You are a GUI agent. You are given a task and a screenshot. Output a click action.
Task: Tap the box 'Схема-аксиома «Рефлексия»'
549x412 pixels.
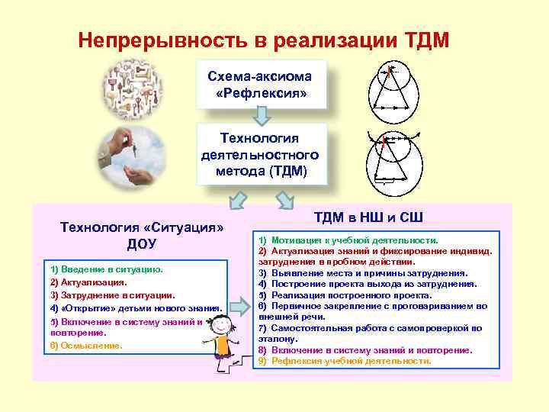(261, 85)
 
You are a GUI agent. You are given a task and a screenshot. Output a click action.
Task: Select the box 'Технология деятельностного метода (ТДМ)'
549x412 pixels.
(261, 154)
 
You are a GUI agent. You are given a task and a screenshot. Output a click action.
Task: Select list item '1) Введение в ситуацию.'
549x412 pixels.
(106, 269)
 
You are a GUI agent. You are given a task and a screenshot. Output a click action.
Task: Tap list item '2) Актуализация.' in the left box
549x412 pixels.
(88, 282)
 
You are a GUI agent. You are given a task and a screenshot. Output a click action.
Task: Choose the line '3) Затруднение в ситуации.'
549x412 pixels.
(112, 295)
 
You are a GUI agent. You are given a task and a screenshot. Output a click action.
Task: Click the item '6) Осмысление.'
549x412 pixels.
(85, 346)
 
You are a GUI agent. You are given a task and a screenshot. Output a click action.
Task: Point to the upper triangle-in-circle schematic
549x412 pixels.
(391, 89)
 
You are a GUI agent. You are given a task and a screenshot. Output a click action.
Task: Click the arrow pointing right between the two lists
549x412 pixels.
(240, 306)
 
